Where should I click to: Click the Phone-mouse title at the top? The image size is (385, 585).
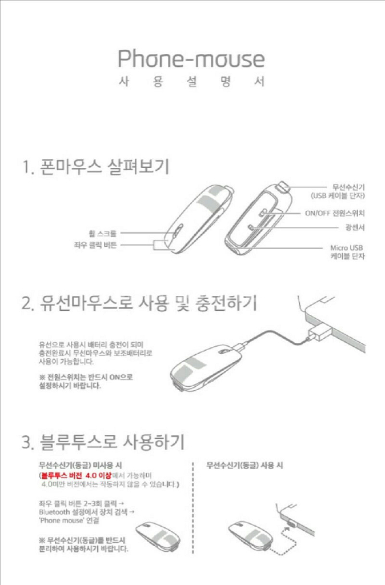[x=191, y=59]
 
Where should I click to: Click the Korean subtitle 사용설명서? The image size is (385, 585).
[x=192, y=81]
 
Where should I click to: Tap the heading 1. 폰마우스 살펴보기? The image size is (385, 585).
[x=96, y=166]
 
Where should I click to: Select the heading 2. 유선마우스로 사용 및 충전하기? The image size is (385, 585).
[x=139, y=303]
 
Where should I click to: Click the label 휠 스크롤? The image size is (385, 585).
[x=103, y=234]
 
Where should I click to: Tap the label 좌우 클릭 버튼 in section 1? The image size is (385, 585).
[x=95, y=245]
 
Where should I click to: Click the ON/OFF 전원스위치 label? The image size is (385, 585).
[x=335, y=213]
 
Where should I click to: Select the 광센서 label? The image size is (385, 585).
[x=355, y=227]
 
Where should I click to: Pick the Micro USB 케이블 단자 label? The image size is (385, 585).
[x=347, y=252]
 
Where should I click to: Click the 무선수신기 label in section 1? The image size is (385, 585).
[x=348, y=187]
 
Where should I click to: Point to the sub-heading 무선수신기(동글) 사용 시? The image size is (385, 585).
[x=244, y=465]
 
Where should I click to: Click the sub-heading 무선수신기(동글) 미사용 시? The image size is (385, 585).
[x=80, y=465]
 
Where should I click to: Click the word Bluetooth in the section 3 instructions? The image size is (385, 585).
[x=54, y=512]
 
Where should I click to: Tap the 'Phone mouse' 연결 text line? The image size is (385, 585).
[x=69, y=520]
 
